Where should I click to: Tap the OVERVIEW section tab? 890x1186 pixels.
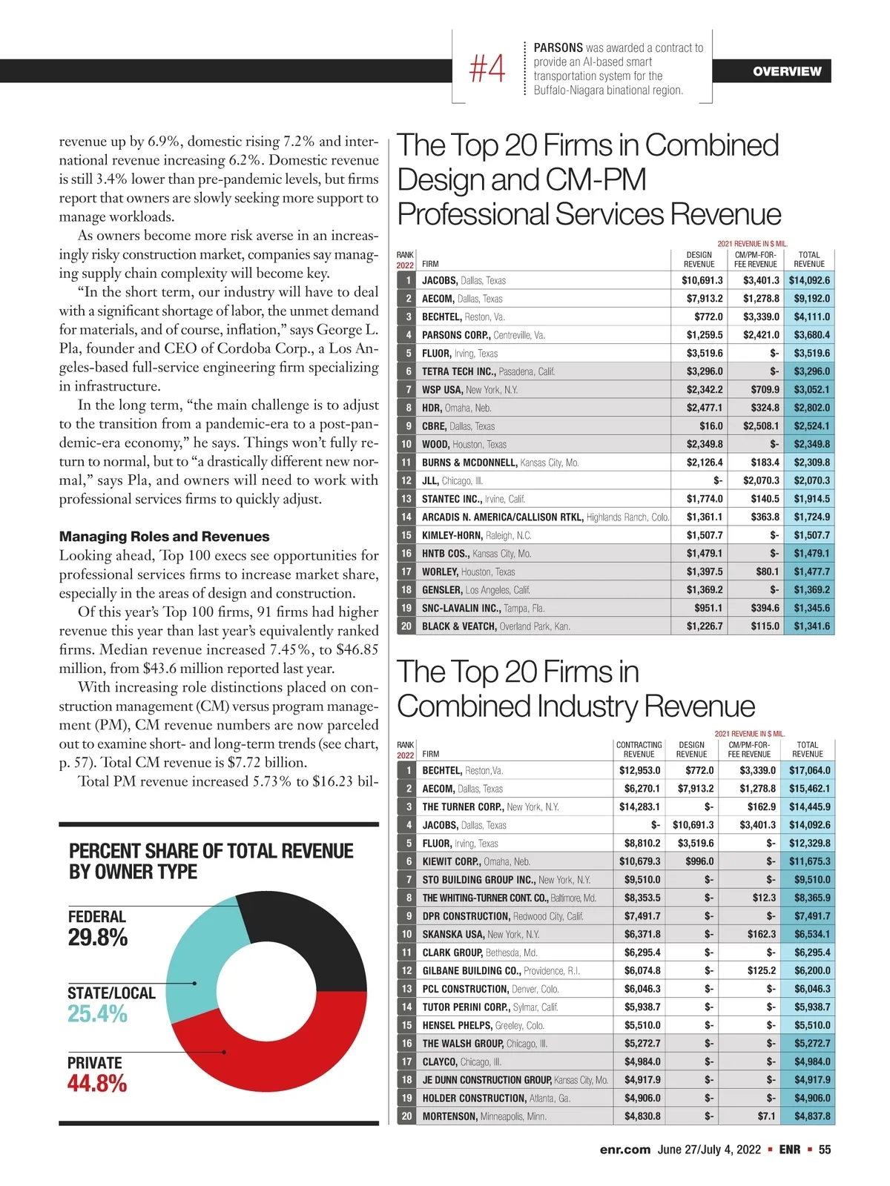click(786, 71)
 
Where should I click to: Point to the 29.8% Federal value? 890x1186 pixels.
click(98, 938)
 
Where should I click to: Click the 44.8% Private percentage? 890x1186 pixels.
click(97, 1084)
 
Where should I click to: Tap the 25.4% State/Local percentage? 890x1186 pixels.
click(97, 1013)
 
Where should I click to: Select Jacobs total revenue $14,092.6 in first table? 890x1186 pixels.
click(809, 280)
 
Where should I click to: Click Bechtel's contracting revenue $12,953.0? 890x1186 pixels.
click(639, 770)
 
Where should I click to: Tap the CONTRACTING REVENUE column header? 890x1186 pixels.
click(639, 749)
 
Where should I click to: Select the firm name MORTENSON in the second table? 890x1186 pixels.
click(449, 1116)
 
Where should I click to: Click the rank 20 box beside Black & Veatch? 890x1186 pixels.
click(406, 626)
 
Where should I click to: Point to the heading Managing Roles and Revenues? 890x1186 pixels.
click(164, 537)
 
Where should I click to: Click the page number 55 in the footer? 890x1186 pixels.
click(825, 1150)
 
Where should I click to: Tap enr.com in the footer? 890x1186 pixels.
click(624, 1150)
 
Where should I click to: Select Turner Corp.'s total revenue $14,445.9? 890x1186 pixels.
click(809, 806)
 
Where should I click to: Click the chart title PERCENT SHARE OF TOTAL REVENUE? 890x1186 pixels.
click(211, 851)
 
